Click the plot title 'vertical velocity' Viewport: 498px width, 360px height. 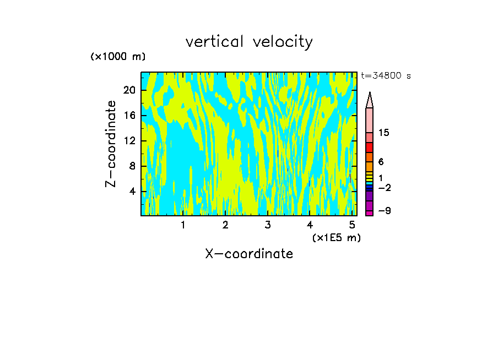[249, 42]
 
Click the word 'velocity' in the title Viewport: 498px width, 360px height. [283, 42]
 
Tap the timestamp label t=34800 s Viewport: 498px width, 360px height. [386, 76]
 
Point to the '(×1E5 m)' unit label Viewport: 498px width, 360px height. [336, 238]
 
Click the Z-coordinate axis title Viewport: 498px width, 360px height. [111, 144]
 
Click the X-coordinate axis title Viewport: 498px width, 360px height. [249, 254]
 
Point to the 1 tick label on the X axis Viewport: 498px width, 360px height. [183, 225]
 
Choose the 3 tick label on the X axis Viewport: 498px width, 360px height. [268, 225]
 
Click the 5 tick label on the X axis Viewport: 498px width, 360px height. [352, 225]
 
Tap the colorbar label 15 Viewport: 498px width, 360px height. [384, 133]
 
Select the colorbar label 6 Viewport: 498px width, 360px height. [381, 162]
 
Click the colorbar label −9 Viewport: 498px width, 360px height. [384, 211]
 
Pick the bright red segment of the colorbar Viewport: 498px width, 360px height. [369, 148]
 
